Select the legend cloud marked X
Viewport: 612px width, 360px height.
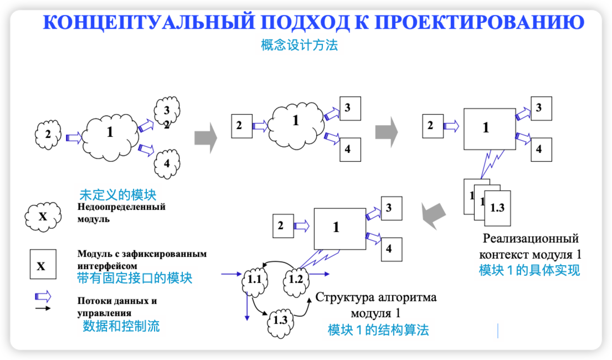pyautogui.click(x=43, y=217)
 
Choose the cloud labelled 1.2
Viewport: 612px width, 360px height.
pyautogui.click(x=295, y=279)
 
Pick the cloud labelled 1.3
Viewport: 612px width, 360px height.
pyautogui.click(x=280, y=320)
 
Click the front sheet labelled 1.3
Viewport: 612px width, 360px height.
pyautogui.click(x=497, y=208)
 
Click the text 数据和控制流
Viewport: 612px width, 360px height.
pyautogui.click(x=121, y=326)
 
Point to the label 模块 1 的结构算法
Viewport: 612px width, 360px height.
pyautogui.click(x=378, y=330)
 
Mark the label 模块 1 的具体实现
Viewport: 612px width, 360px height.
pyautogui.click(x=529, y=271)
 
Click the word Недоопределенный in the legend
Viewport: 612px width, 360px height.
pyautogui.click(x=122, y=207)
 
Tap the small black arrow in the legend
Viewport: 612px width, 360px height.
pyautogui.click(x=43, y=308)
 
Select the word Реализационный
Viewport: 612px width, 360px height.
pyautogui.click(x=530, y=239)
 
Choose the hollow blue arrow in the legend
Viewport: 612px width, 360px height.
pyautogui.click(x=43, y=295)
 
